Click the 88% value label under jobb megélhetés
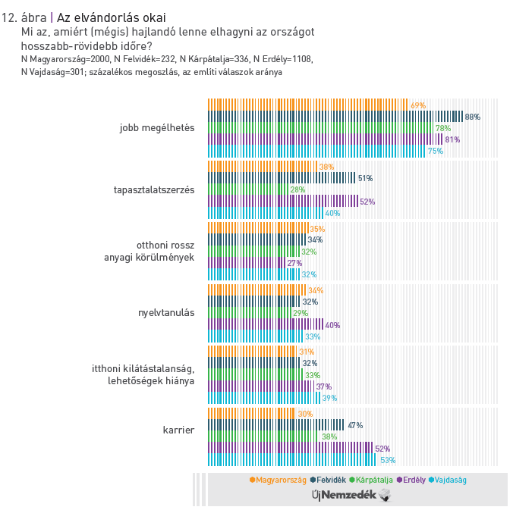click(473, 117)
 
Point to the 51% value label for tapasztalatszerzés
click(365, 178)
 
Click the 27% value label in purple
click(294, 263)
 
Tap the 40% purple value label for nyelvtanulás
click(332, 325)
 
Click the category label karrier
click(178, 430)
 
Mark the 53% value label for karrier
click(388, 460)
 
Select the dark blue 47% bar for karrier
click(275, 425)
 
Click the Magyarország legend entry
click(278, 480)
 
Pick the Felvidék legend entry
click(329, 480)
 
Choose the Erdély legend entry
click(410, 480)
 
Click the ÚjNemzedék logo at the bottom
click(351, 495)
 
